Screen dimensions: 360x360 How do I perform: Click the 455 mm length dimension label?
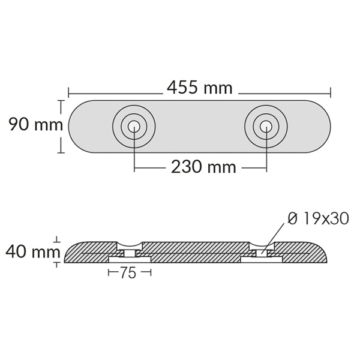[x=200, y=89]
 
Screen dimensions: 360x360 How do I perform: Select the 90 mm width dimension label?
[x=35, y=125]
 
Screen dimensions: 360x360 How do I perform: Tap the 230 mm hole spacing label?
[x=203, y=167]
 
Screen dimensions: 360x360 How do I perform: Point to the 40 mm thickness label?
[x=31, y=251]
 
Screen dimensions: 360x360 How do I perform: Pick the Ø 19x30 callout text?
[x=318, y=218]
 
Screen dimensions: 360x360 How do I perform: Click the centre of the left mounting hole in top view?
[x=134, y=127]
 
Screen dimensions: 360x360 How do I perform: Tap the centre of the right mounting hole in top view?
[x=266, y=127]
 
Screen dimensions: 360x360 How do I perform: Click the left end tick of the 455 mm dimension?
[x=69, y=92]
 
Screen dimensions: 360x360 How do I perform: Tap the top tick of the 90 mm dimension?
[x=60, y=101]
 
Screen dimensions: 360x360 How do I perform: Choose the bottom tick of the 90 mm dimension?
[x=60, y=152]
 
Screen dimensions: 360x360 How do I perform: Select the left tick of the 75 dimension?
[x=109, y=273]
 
